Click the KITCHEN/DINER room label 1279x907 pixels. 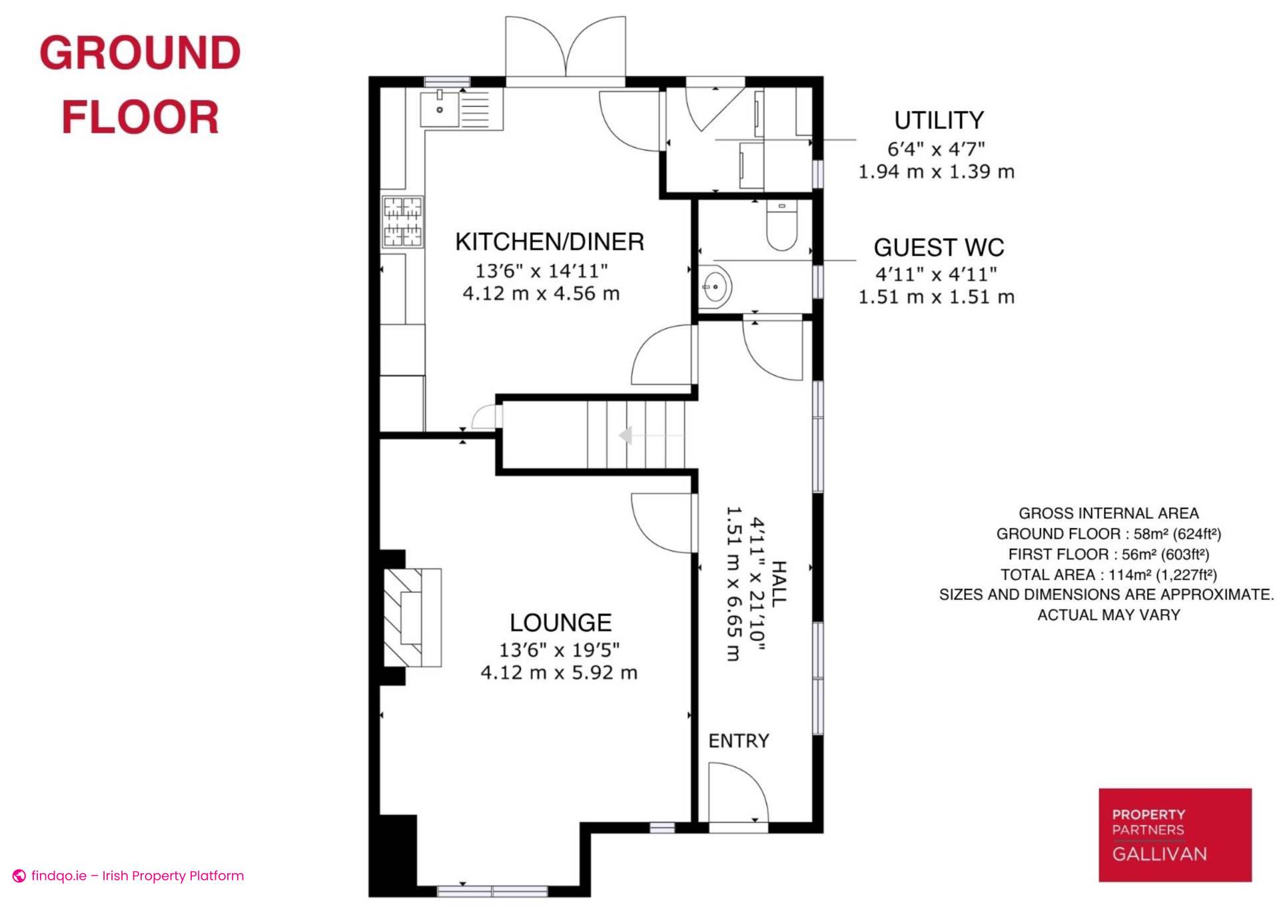pos(550,242)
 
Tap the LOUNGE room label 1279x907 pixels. pos(560,623)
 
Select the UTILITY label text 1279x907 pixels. pos(939,121)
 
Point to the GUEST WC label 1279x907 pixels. pos(939,248)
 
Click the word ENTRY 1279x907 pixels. pos(739,741)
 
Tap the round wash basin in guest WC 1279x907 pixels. pos(715,287)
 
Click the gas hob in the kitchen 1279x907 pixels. pos(402,222)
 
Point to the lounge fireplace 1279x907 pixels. pos(412,617)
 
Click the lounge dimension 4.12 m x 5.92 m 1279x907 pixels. pos(559,673)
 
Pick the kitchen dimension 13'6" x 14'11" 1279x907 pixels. pos(542,271)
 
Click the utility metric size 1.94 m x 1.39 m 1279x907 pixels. pos(936,172)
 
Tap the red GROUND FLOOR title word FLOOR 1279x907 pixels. pos(141,117)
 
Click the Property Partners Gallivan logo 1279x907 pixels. pos(1175,835)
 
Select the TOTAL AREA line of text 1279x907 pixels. pos(1108,575)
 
